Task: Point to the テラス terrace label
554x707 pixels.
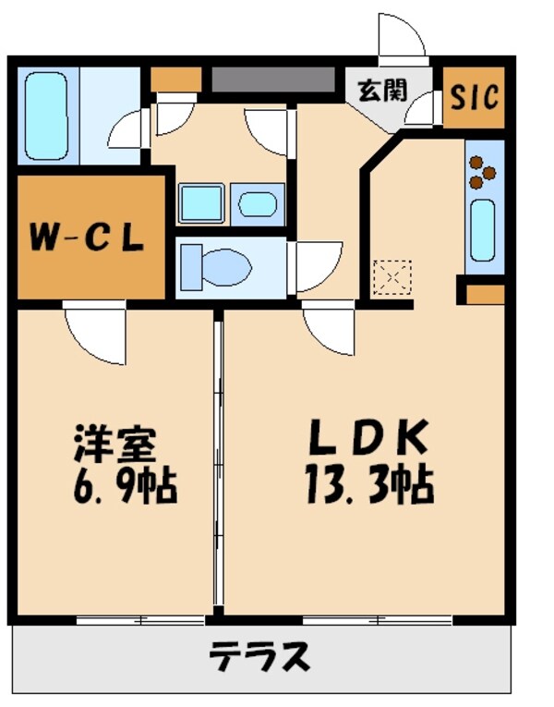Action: (x=259, y=657)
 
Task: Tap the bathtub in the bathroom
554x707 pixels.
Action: (x=47, y=115)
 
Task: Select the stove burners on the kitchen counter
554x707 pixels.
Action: (x=482, y=172)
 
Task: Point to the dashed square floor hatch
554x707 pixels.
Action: (x=391, y=277)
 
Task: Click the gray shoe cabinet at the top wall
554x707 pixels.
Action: (x=273, y=80)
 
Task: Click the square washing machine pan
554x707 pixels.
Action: (x=201, y=202)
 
